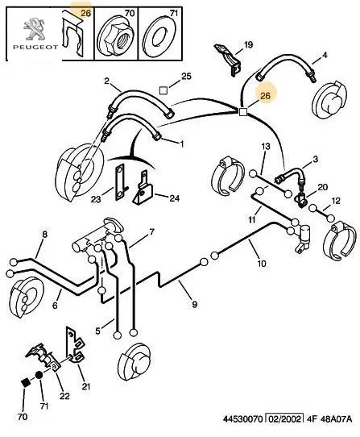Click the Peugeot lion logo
tap(35, 28)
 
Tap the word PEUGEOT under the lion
tap(35, 47)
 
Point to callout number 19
tap(248, 44)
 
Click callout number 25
tap(186, 76)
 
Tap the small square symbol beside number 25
tap(163, 90)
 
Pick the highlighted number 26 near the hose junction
tap(265, 96)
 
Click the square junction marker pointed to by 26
tap(243, 112)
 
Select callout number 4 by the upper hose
tap(324, 55)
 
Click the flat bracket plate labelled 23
tap(120, 181)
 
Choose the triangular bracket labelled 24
tap(143, 189)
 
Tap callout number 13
tap(266, 146)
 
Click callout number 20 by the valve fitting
tap(323, 187)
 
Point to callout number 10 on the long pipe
tap(262, 263)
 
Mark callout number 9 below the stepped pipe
tap(195, 304)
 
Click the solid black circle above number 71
tap(39, 375)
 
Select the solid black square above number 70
tap(26, 382)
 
